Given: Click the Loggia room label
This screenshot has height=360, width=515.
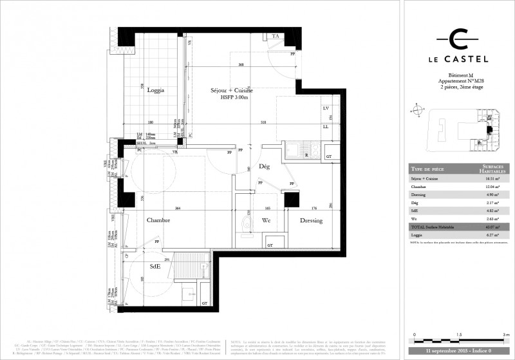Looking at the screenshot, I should point(155,90).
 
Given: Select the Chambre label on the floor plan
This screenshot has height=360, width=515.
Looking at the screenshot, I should point(157,220).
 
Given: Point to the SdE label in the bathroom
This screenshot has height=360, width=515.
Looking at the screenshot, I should point(154,266).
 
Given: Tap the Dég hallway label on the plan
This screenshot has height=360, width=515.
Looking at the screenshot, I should point(263,166).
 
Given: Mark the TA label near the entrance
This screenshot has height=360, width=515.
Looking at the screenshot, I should point(276,37).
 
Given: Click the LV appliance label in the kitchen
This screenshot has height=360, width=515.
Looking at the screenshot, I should point(326,108).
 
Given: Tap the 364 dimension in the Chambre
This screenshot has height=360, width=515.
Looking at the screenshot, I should point(177,207).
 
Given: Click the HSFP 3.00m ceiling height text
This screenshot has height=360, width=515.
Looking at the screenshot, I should point(234,98).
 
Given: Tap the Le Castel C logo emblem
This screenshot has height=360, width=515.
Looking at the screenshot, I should point(458,39).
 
